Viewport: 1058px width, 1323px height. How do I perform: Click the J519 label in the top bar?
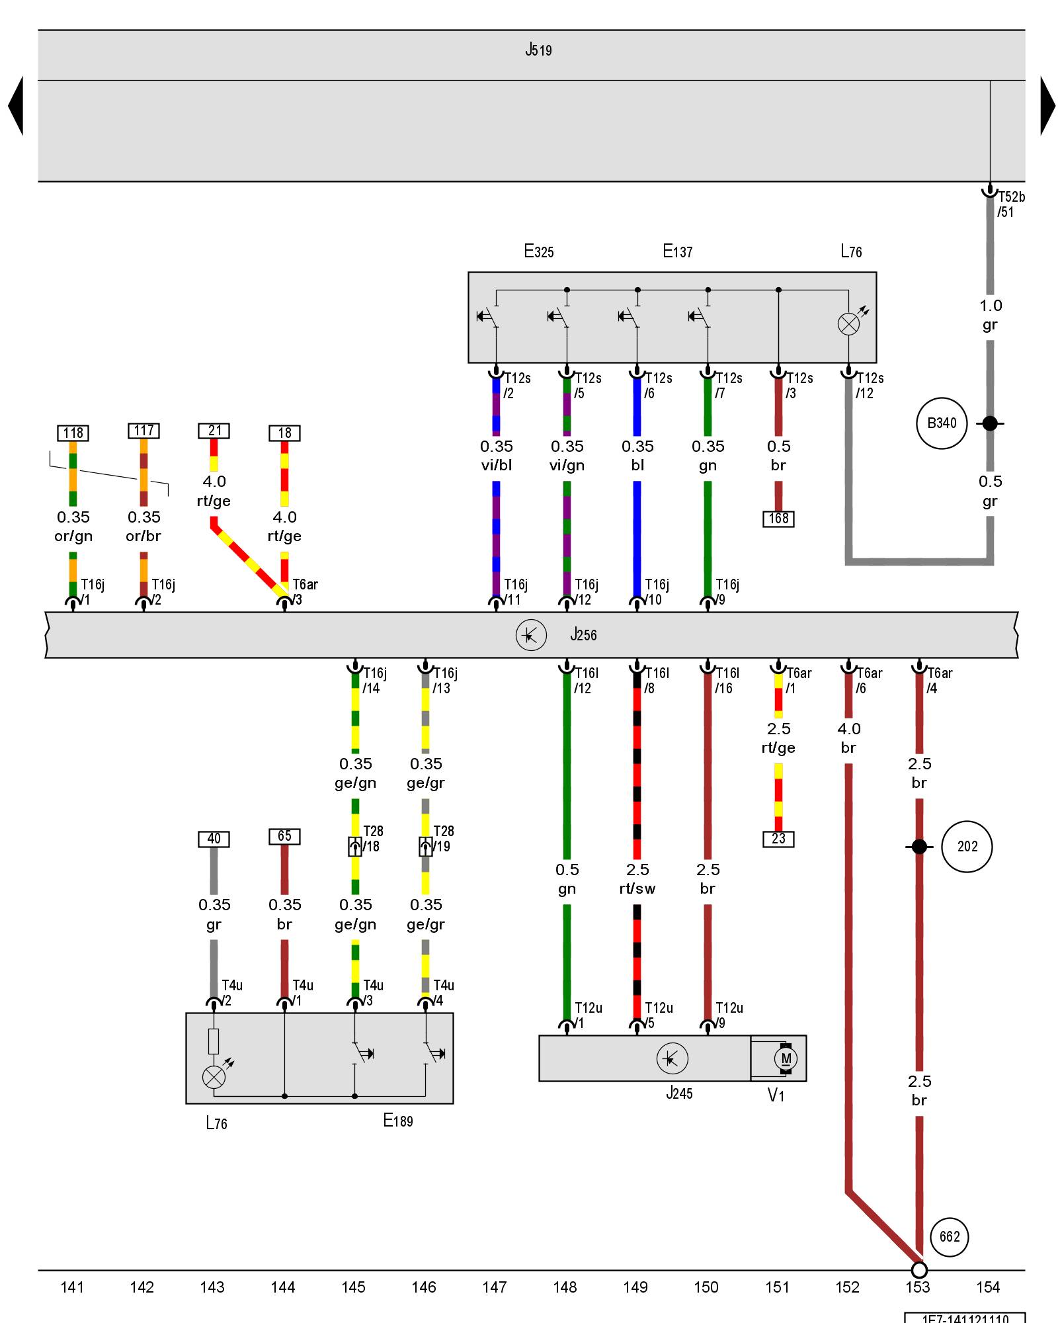pos(538,50)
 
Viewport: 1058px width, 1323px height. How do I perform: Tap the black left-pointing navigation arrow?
pos(17,106)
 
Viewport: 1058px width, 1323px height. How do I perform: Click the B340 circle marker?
pos(942,423)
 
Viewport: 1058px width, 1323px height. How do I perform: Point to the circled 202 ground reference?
pos(967,847)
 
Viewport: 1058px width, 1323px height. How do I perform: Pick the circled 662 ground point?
pos(950,1237)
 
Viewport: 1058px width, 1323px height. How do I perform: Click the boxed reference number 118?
pos(73,433)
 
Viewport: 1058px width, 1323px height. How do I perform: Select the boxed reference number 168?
pos(778,519)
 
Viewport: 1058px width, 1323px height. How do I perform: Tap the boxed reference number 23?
pos(778,839)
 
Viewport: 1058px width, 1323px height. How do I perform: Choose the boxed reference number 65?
pos(284,836)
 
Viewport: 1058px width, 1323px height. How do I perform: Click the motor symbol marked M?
pos(786,1058)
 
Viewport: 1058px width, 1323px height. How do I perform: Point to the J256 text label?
pos(583,635)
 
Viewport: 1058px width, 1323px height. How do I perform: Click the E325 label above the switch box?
pos(538,251)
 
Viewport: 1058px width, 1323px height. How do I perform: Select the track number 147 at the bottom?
pos(494,1287)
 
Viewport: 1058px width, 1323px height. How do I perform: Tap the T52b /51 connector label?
pos(1010,204)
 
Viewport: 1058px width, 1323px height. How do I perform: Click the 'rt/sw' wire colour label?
pos(637,888)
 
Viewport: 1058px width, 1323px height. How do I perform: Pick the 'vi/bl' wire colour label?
pos(496,465)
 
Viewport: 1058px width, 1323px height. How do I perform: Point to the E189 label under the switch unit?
pos(398,1121)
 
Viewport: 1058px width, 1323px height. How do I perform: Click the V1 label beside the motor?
pos(776,1095)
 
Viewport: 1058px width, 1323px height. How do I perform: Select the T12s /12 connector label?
pos(869,386)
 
